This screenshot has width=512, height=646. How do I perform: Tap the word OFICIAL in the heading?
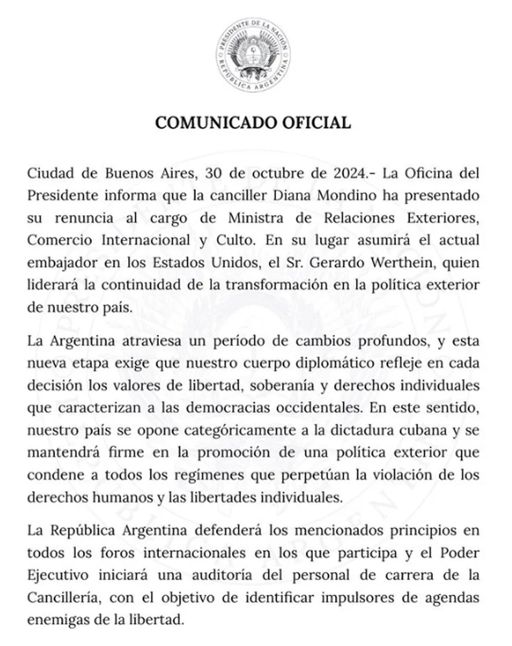(318, 122)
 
